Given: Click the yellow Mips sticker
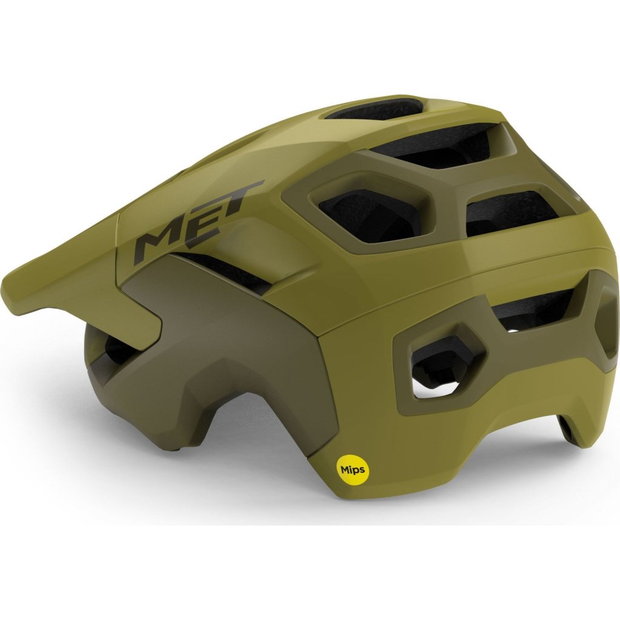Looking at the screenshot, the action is click(x=353, y=470).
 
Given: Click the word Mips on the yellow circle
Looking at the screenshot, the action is click(x=353, y=470).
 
